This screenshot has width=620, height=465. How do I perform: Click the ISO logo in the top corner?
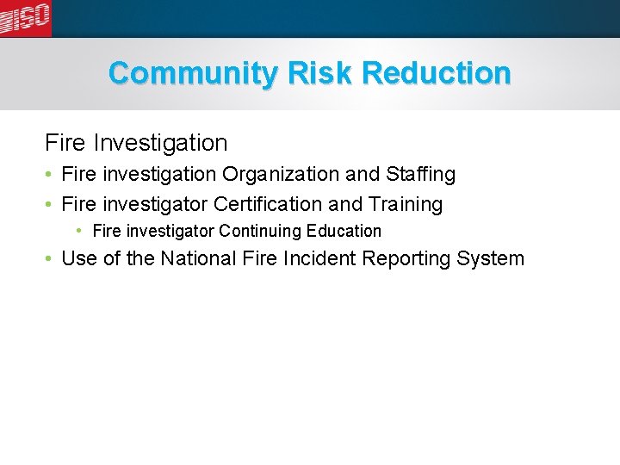tap(26, 17)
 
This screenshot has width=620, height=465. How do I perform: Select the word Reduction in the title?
tap(437, 73)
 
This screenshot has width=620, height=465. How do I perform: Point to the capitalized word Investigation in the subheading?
tap(160, 142)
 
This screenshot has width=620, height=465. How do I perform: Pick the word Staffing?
tap(421, 174)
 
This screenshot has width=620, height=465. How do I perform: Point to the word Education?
tap(344, 231)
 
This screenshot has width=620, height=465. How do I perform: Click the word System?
tap(492, 258)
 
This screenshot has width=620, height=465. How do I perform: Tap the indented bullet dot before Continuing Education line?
tap(79, 231)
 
